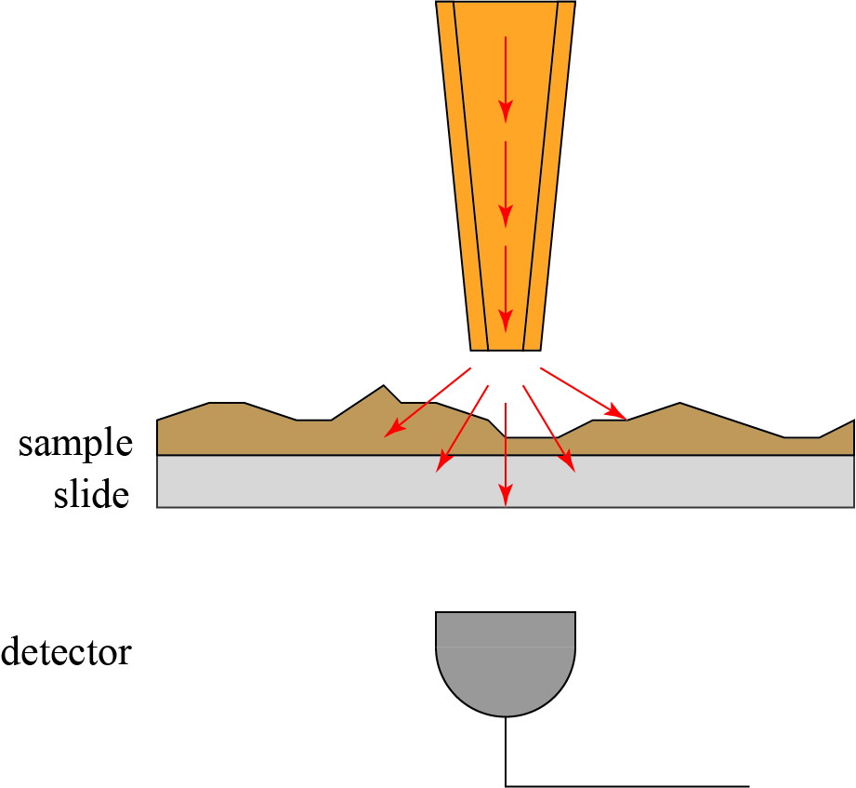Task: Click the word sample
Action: tap(75, 444)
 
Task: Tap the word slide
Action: tap(90, 495)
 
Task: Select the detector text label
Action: tap(66, 651)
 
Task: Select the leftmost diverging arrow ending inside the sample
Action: tap(428, 401)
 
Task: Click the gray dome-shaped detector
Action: tap(506, 660)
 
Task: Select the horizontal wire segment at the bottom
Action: tap(627, 786)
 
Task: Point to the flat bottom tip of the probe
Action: tap(505, 350)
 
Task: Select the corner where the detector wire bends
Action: tap(506, 786)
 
